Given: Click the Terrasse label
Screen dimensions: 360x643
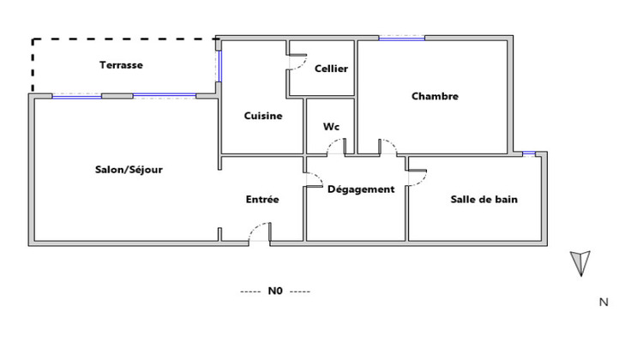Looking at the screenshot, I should tap(121, 65).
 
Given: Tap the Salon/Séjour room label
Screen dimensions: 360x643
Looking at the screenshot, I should tap(129, 169).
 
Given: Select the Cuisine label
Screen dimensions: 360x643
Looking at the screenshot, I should tap(262, 117).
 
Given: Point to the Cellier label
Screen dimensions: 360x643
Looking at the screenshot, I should tap(331, 69).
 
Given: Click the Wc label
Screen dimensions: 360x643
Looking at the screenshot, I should tap(331, 127).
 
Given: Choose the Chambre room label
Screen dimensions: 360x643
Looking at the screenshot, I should tap(435, 96).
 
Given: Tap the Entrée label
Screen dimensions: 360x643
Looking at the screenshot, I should tap(262, 199).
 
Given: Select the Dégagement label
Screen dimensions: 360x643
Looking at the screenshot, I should tap(361, 189).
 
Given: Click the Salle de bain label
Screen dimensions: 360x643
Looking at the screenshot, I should tap(484, 199).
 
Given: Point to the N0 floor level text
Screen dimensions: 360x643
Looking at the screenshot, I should tap(274, 291).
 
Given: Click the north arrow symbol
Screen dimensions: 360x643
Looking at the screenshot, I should tap(580, 261).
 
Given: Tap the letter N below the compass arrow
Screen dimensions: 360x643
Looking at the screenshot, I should tap(604, 302).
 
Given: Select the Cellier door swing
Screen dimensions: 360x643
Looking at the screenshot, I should tap(297, 64).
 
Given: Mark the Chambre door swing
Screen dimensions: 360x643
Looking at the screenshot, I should tap(387, 147).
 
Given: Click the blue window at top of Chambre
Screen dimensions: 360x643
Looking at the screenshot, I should tap(401, 38).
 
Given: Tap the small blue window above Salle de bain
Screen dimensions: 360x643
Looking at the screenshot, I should tap(529, 153).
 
